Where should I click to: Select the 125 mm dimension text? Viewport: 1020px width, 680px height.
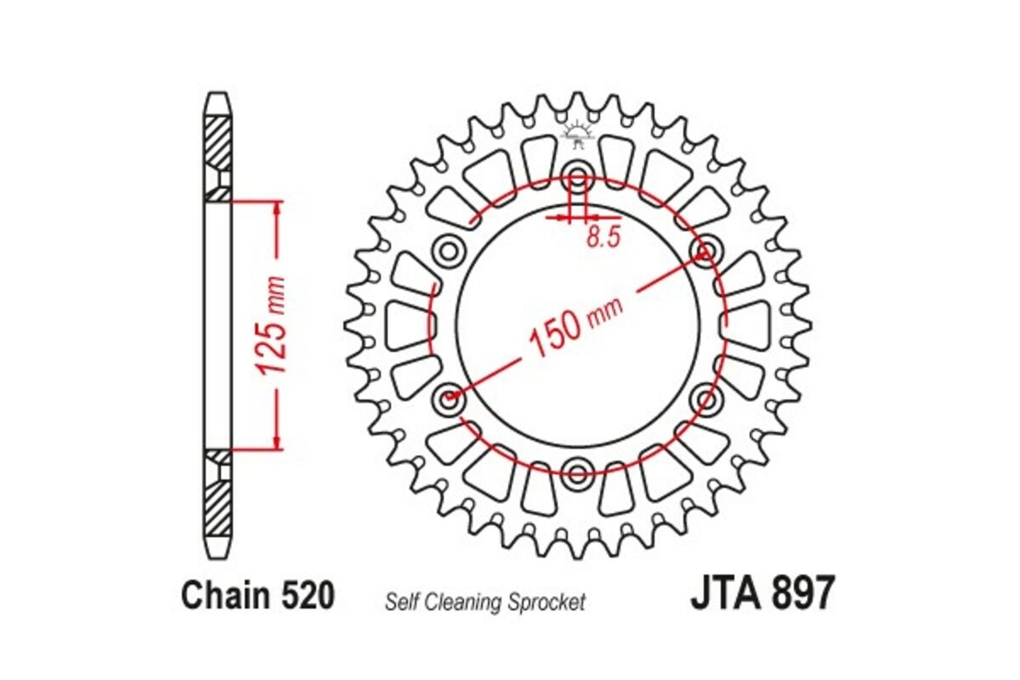(271, 326)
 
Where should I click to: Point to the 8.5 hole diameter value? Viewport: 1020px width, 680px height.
(603, 238)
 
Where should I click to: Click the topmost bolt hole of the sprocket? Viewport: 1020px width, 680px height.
(578, 179)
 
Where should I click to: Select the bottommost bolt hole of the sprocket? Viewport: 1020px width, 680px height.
(578, 471)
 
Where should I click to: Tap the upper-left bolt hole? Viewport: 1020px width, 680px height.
(448, 252)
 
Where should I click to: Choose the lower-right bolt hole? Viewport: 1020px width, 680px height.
(705, 397)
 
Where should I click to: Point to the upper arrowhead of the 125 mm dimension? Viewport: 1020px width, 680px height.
(276, 209)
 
